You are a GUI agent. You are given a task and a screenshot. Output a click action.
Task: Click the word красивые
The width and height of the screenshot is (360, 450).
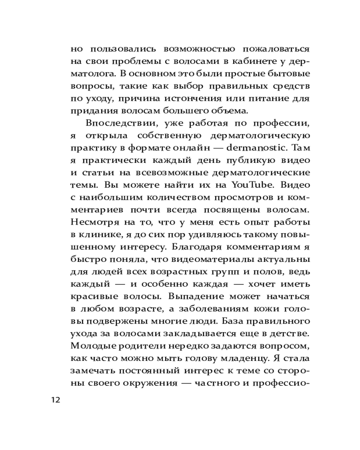(x=88, y=296)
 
